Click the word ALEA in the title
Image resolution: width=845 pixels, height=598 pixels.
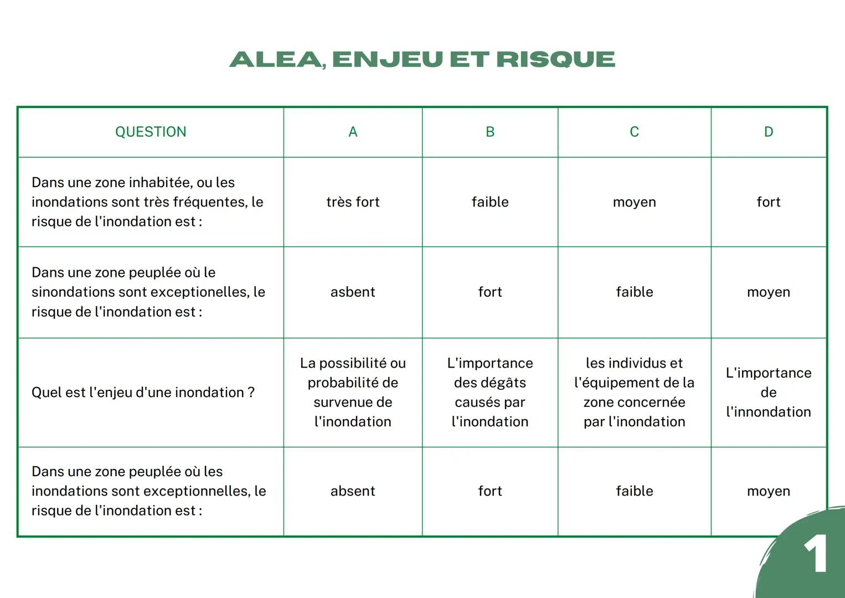coord(276,59)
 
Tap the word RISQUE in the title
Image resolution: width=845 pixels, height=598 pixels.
coord(555,59)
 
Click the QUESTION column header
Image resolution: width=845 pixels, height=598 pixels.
coord(151,132)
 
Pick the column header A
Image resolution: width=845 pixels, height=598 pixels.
coord(353,132)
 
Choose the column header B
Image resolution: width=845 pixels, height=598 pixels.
coord(490,132)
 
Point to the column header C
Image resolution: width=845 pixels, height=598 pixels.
coord(634,132)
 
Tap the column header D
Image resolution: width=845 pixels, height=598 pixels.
coord(768,132)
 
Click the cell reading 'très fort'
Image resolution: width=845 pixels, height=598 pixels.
coord(353,202)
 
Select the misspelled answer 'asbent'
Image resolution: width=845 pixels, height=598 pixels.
coord(353,292)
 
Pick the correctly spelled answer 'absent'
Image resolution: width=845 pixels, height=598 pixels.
coord(353,491)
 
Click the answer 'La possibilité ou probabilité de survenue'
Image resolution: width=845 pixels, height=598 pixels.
coord(353,392)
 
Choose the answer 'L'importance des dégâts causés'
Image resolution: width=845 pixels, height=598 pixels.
coord(490,392)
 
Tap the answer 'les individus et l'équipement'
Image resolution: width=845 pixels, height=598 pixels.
coord(634,392)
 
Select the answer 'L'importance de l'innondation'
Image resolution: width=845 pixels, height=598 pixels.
coord(768,392)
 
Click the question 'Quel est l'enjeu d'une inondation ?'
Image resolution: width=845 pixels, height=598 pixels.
coord(143,393)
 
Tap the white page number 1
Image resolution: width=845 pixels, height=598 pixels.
coord(816,554)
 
